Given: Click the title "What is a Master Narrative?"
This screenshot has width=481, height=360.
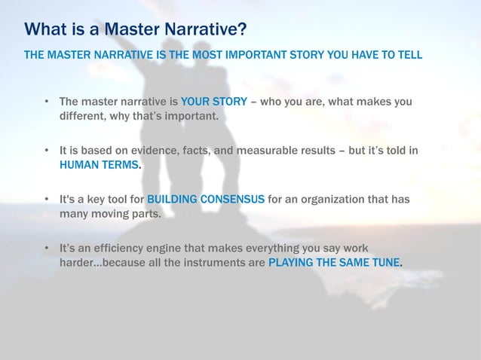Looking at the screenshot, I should [136, 30].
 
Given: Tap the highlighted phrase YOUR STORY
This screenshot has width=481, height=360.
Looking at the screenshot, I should [214, 102].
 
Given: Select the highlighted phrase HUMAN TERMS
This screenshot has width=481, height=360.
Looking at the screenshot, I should [99, 165].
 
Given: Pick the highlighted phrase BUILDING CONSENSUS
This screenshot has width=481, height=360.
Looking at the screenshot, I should [206, 200].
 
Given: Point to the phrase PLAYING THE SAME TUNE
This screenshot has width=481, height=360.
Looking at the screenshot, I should [335, 263].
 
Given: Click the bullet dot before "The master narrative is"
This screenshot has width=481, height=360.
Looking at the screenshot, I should [47, 102].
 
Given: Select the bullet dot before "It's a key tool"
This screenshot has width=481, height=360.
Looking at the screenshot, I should [47, 200].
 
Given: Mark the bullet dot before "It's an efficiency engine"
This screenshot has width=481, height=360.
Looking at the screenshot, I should [47, 249].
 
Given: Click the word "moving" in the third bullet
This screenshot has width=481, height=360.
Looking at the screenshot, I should [110, 214].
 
